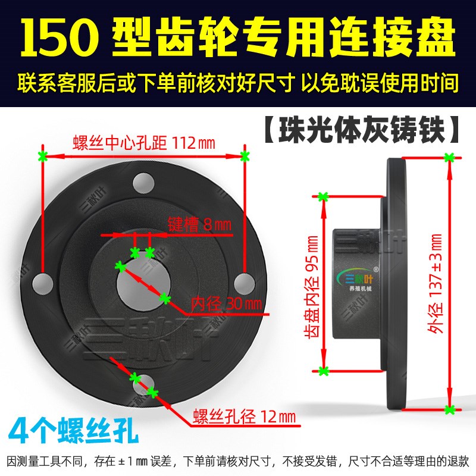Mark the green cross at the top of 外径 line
[x=449, y=158]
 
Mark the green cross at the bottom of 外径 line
[x=450, y=409]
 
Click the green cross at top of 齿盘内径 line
[x=323, y=196]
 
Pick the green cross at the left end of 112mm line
[x=42, y=156]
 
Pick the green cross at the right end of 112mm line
[x=244, y=156]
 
